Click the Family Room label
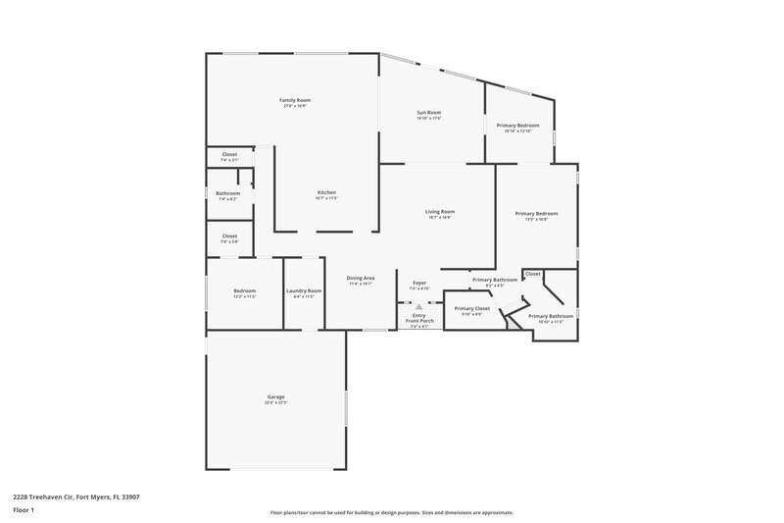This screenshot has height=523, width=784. tap(294, 101)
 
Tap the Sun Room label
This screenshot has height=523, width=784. tap(429, 114)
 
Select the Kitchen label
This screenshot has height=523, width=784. tap(326, 192)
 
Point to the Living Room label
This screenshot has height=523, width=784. tap(439, 212)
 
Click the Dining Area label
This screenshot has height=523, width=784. tap(361, 279)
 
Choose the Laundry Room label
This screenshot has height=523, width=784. tap(304, 290)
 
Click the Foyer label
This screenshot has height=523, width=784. tap(419, 284)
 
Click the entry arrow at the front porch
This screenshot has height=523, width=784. tap(418, 306)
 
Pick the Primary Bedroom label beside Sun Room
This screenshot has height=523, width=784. tap(517, 126)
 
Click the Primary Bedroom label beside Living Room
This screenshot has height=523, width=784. tap(536, 214)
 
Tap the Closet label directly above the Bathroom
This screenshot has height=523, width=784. tap(229, 154)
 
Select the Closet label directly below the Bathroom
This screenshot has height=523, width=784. tap(229, 235)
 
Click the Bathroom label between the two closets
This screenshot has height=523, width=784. tap(227, 193)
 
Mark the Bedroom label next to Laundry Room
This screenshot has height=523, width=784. tap(244, 290)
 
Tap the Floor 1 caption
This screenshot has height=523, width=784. tap(23, 510)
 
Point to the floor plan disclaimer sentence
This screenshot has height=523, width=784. tap(391, 512)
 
